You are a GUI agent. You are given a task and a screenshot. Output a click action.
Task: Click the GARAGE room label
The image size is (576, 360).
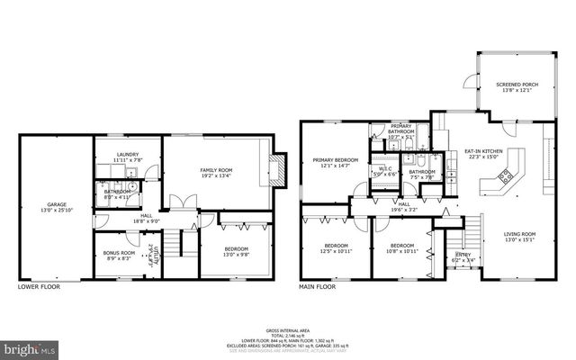[45, 205]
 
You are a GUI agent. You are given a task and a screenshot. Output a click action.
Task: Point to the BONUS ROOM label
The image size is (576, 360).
[119, 253]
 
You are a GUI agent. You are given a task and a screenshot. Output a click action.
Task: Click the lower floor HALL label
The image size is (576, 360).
[146, 216]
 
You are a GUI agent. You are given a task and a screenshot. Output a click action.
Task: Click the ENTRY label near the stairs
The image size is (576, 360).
[463, 255]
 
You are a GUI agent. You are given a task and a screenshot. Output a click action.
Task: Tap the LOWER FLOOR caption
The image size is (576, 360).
[40, 287]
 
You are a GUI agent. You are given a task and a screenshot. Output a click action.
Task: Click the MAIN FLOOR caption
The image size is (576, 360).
[318, 287]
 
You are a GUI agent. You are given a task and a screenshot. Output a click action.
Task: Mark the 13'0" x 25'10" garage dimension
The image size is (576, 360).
[45, 210]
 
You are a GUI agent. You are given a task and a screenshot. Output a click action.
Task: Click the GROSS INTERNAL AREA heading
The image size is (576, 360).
[288, 330]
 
